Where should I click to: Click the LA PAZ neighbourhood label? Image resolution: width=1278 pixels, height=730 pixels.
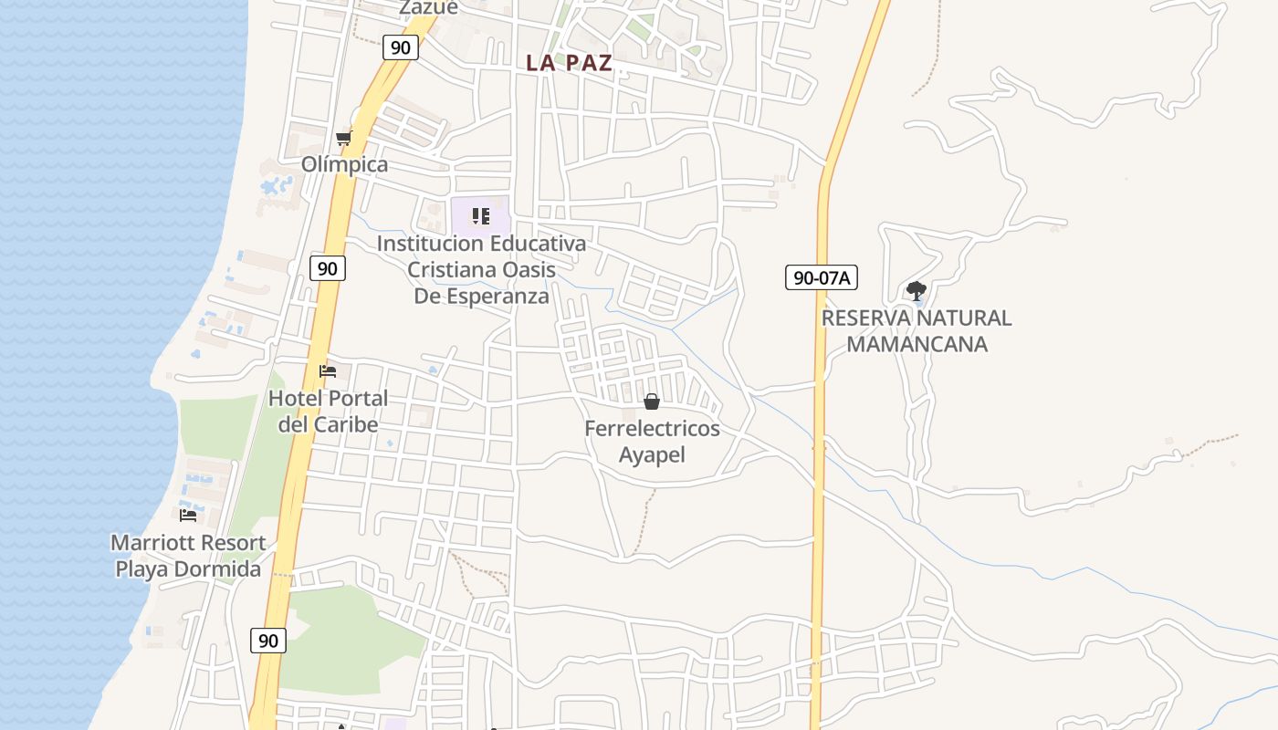tap(569, 63)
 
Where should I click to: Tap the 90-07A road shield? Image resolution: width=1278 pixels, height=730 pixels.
tap(822, 277)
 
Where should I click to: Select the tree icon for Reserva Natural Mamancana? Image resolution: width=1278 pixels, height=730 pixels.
tap(917, 292)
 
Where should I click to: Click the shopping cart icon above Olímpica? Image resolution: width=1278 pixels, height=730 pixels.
tap(344, 139)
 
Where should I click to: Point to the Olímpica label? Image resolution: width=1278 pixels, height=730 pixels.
tap(345, 164)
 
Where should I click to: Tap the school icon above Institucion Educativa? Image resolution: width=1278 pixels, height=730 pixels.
tap(481, 216)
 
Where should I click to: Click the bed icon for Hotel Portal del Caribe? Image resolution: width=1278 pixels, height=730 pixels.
tap(328, 370)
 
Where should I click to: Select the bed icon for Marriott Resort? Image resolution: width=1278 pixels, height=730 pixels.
tap(188, 515)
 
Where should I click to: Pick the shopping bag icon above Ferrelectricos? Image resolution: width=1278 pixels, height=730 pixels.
tap(652, 401)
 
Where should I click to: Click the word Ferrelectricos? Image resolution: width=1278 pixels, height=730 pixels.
tap(652, 428)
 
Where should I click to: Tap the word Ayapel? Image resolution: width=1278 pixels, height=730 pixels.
tap(652, 454)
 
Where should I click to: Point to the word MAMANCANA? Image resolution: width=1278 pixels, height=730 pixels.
tap(917, 344)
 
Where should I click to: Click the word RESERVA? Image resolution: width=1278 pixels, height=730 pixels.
tap(866, 318)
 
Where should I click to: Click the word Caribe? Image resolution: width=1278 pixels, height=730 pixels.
tap(346, 424)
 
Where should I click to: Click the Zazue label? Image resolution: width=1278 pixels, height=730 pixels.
tap(428, 7)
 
